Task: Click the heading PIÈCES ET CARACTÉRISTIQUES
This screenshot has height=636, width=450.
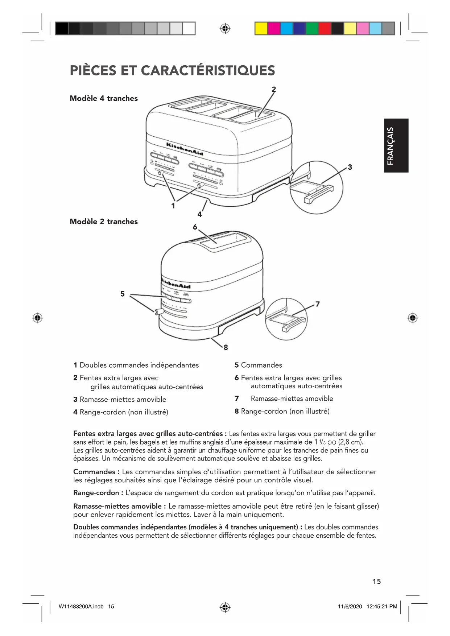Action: [172, 70]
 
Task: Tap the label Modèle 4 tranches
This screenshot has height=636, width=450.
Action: [104, 98]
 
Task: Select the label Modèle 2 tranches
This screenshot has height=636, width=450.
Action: [104, 222]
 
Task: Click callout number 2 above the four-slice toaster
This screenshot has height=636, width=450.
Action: [274, 89]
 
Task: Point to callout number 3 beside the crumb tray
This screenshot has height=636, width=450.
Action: [350, 167]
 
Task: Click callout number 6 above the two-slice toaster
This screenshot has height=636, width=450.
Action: [195, 227]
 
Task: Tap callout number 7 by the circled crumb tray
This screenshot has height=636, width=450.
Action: [318, 304]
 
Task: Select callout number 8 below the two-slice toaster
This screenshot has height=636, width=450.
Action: [226, 347]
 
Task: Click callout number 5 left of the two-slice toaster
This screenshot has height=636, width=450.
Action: [123, 294]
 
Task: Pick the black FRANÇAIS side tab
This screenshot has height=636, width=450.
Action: [396, 145]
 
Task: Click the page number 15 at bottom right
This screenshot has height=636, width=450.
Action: [376, 581]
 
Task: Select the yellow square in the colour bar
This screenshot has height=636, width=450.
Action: [261, 28]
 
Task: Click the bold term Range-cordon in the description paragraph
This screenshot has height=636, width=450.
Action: [96, 493]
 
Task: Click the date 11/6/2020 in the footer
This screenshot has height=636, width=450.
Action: [350, 606]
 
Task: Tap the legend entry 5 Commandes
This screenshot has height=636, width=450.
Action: [258, 365]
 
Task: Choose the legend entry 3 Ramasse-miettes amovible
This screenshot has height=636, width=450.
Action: [120, 399]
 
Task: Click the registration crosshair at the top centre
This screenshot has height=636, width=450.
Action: [225, 28]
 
